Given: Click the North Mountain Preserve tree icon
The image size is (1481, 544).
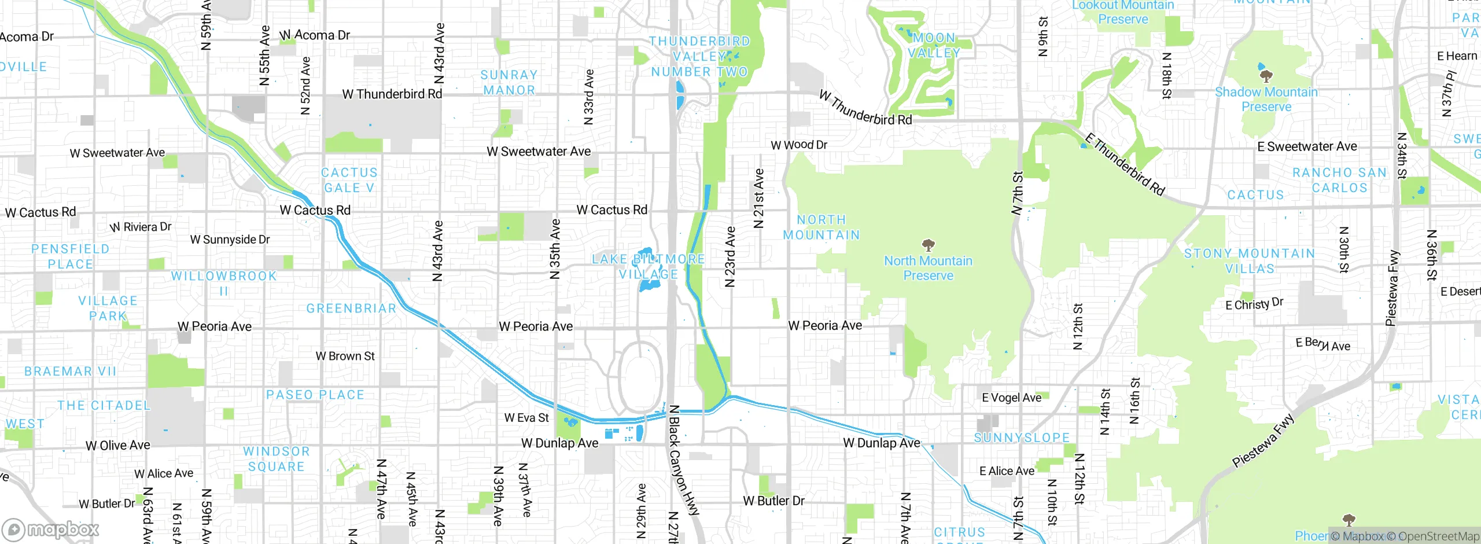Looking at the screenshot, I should pos(928,245).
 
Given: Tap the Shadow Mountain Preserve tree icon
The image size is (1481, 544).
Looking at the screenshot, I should pos(1266,76).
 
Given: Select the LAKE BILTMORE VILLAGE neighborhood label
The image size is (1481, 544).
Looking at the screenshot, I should pos(648,266).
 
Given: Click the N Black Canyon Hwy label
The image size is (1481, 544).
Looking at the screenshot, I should pos(683,460).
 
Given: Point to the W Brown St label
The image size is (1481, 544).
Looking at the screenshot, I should pos(345,356).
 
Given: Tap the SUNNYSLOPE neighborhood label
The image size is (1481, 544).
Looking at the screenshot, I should pos(1022,438).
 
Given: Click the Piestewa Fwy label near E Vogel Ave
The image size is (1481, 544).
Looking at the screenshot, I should pos(1262,441).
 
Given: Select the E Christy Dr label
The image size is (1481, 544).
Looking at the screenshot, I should pos(1254,304).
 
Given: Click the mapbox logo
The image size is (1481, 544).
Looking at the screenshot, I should pos(51,529).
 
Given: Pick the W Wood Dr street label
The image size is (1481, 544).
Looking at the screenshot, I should pos(799,145).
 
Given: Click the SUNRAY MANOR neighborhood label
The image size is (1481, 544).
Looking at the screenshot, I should pos(509,82).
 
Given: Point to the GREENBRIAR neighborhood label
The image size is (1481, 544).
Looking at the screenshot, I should pos(351,308).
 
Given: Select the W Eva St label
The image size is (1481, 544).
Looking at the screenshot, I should pos(526,417).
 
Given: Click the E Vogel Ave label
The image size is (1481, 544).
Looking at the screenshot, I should pos(1011,398).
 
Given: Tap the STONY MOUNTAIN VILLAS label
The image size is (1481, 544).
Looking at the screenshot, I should pos(1250,261).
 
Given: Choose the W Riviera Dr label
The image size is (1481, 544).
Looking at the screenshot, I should pos(141,227).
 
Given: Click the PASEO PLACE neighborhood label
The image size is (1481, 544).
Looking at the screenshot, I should pos(315,395).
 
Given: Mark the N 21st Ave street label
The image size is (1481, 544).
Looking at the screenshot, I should pos(758,198).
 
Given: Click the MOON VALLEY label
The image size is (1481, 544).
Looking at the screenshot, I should pos(934,45).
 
